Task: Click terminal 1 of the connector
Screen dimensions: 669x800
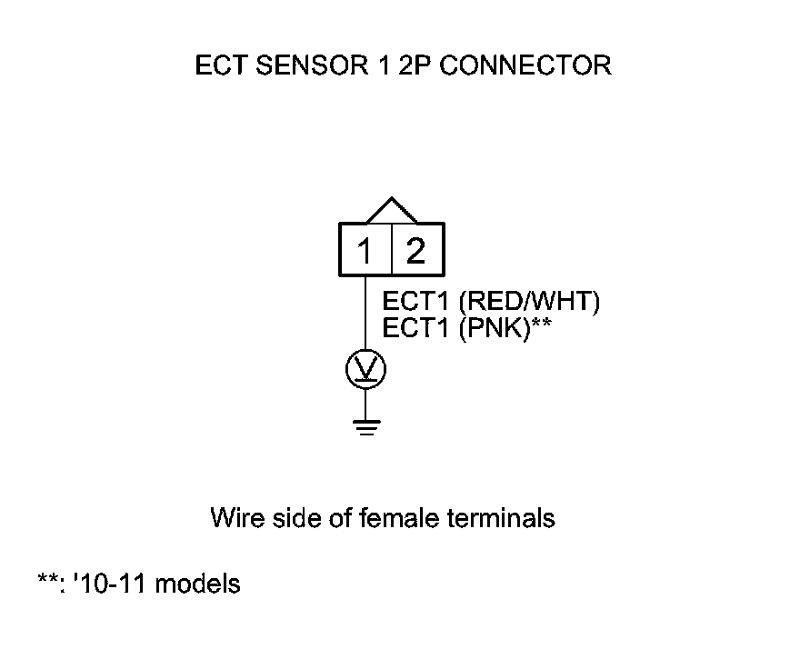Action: point(365,250)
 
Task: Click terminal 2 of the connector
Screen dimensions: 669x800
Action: point(416,250)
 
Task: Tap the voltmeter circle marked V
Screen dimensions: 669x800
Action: point(365,369)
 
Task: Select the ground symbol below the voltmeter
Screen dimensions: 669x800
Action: point(365,426)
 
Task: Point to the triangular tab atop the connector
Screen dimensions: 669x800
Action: point(391,210)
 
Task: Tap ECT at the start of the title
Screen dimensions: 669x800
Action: point(217,66)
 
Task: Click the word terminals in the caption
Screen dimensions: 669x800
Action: point(502,518)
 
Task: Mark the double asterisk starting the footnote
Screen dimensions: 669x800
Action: point(45,580)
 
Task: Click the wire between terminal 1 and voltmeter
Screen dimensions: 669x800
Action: point(365,314)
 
